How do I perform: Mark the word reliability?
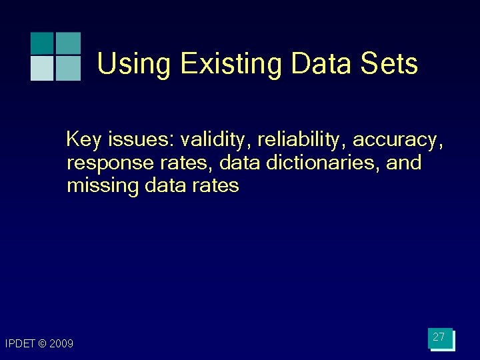tap(301, 140)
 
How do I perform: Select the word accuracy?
tap(397, 141)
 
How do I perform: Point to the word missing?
tap(103, 185)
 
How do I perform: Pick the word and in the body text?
tap(404, 163)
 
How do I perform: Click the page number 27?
tap(439, 337)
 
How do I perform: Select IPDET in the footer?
tap(20, 344)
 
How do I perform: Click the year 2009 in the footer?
tap(62, 344)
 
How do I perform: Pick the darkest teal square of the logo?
tap(42, 43)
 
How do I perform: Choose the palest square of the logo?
tap(42, 68)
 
